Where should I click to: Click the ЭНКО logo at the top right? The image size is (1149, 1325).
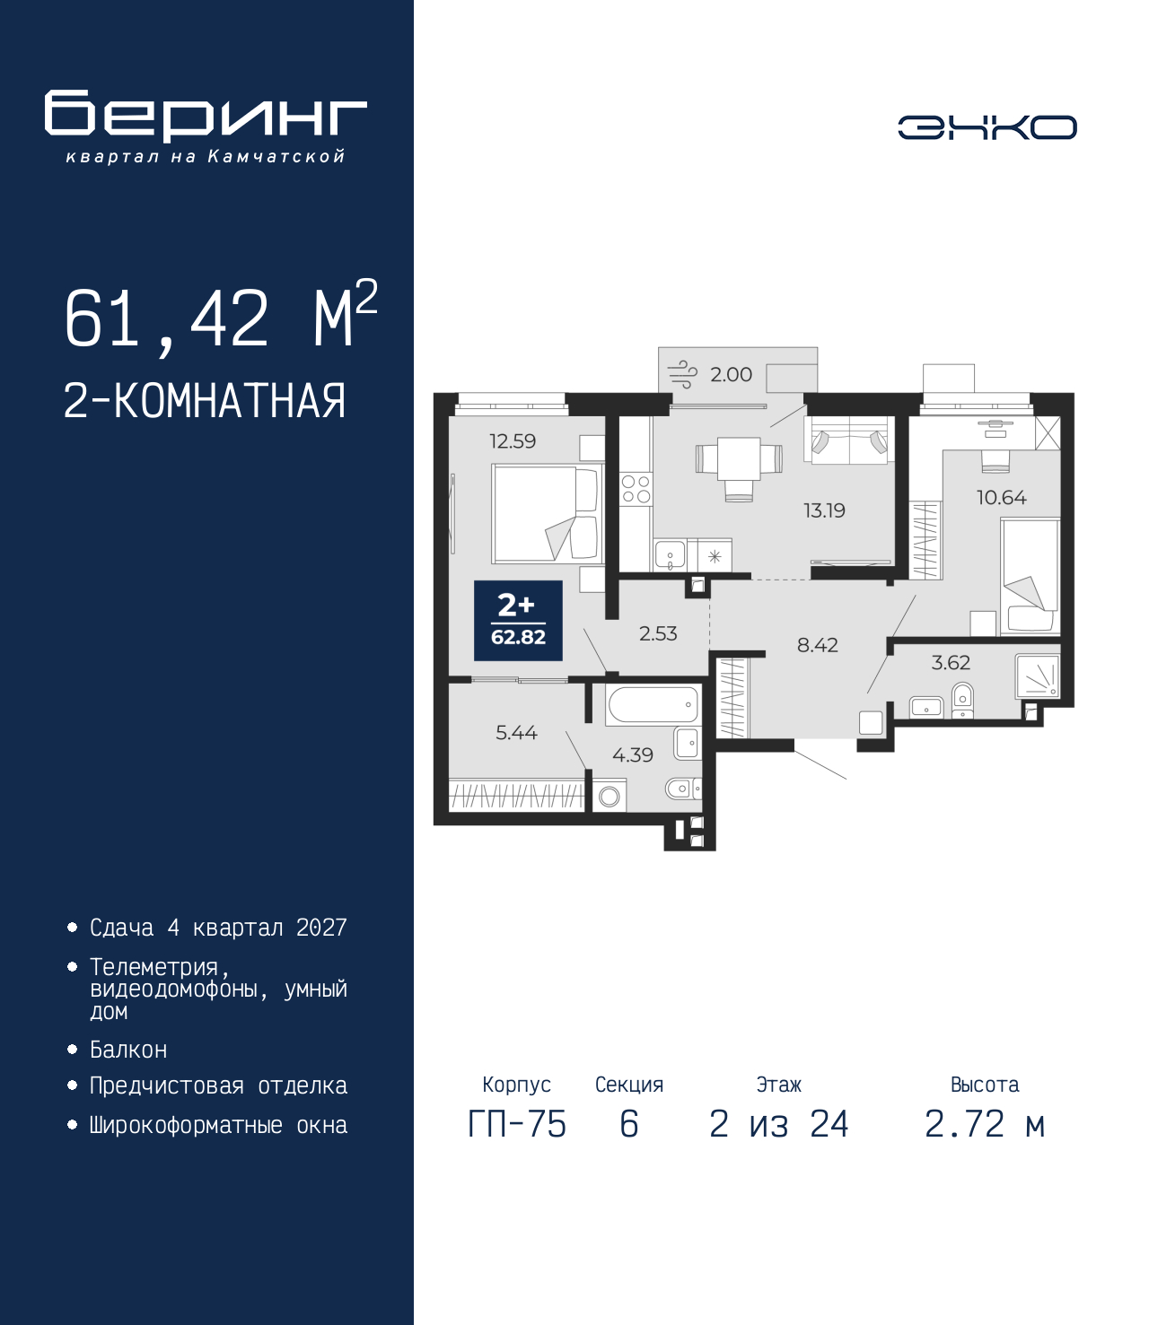click(x=987, y=127)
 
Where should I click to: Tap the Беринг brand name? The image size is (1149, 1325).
click(x=206, y=116)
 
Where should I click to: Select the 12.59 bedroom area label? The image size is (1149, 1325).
click(x=513, y=441)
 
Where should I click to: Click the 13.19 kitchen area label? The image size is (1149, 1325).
click(x=824, y=510)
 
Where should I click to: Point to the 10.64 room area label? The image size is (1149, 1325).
click(x=1002, y=497)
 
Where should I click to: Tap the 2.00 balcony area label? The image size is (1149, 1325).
click(x=731, y=374)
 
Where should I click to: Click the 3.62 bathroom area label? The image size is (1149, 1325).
click(x=951, y=662)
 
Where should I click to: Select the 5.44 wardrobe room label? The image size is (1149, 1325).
click(x=516, y=732)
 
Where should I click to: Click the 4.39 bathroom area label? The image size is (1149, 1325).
click(x=633, y=754)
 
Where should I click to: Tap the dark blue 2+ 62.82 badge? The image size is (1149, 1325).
click(x=518, y=621)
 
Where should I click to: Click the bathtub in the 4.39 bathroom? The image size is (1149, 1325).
click(x=653, y=705)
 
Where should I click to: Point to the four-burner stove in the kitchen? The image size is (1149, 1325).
click(x=636, y=490)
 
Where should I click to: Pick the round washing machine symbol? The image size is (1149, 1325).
click(x=609, y=796)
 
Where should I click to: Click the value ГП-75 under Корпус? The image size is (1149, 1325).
click(x=517, y=1124)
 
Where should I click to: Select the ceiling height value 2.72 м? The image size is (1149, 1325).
click(x=985, y=1124)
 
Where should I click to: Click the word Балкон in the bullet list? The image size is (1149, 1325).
click(x=128, y=1050)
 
